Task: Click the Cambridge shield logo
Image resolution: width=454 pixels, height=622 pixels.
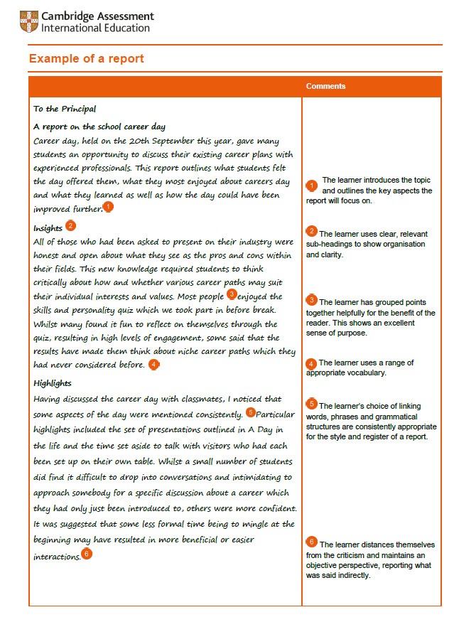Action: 29,22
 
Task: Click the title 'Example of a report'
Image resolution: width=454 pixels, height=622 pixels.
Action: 86,58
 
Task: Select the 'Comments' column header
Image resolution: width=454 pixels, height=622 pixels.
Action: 325,86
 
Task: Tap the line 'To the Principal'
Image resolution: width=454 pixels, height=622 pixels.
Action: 65,109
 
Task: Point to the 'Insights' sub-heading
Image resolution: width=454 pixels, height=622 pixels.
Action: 48,228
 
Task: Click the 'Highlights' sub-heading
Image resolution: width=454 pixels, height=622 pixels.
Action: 53,383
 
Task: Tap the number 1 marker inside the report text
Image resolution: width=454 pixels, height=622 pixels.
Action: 107,207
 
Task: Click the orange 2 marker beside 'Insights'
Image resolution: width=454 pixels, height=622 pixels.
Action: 70,226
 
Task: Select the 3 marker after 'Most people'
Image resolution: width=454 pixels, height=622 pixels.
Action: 231,294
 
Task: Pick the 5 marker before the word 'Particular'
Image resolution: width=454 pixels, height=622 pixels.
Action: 250,412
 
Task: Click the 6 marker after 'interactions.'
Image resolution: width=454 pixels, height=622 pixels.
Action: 86,554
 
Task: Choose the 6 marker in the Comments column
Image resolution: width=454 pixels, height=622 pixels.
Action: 312,543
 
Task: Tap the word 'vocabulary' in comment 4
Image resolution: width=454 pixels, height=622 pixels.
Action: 364,372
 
